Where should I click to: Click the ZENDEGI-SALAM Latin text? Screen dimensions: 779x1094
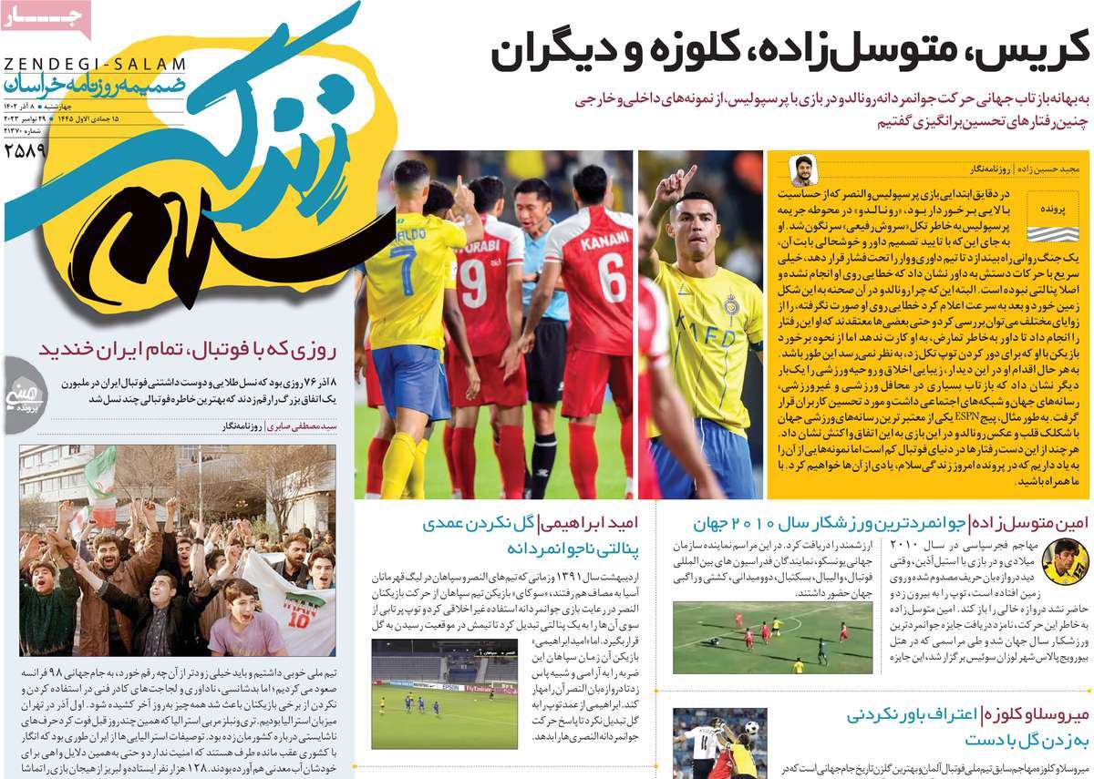(94, 65)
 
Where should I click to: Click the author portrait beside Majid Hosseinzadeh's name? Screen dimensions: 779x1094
(803, 170)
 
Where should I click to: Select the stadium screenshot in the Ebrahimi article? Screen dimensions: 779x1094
(444, 692)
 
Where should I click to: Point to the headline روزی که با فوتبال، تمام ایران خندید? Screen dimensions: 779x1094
(187, 348)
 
